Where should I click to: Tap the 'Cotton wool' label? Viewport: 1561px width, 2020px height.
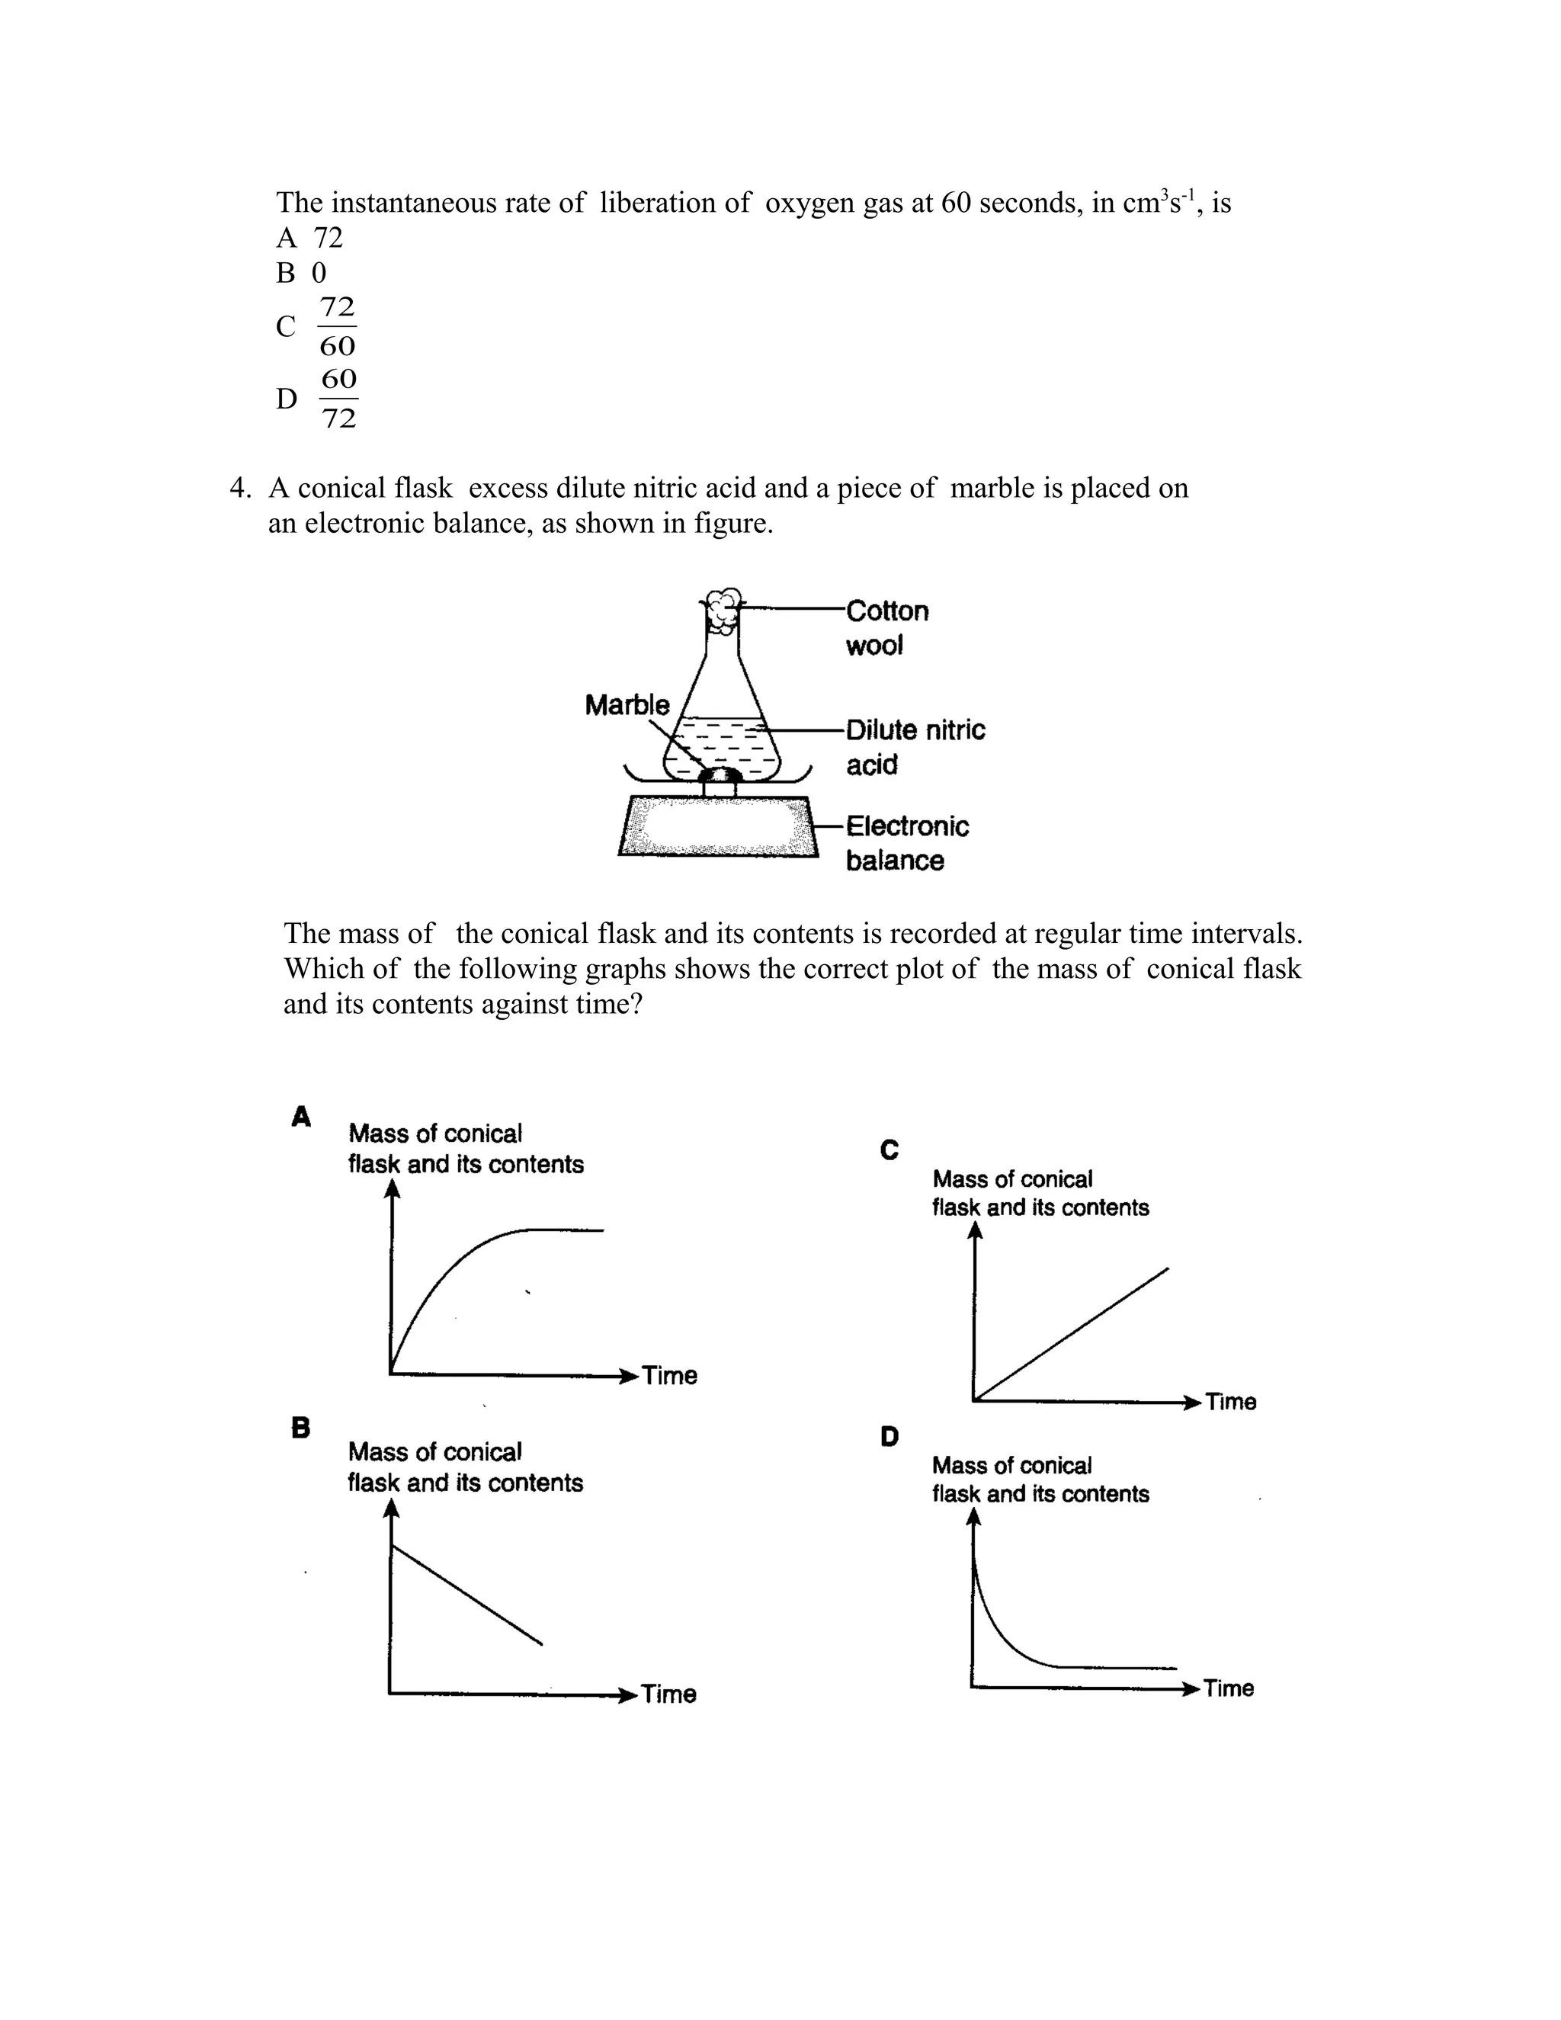[x=886, y=628]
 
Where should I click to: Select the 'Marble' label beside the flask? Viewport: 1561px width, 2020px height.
[x=627, y=705]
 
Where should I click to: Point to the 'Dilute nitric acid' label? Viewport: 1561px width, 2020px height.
[x=915, y=746]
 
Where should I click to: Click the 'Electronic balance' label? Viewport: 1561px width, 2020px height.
[x=906, y=842]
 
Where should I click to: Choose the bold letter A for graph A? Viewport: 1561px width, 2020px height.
[x=300, y=1117]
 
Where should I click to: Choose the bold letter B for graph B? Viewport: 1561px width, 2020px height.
[x=300, y=1427]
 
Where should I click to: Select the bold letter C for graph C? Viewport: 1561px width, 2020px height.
[x=889, y=1149]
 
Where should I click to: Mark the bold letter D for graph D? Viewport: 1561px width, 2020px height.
[x=889, y=1436]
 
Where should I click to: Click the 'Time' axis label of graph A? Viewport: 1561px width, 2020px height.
[x=669, y=1375]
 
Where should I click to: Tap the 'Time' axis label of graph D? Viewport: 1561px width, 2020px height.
[x=1228, y=1688]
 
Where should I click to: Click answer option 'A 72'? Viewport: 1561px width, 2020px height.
[x=309, y=238]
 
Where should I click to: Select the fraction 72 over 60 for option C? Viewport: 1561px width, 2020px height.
[x=337, y=325]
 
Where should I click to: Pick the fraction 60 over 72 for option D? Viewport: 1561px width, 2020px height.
[x=338, y=398]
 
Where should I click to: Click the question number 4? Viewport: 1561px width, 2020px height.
[x=239, y=489]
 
